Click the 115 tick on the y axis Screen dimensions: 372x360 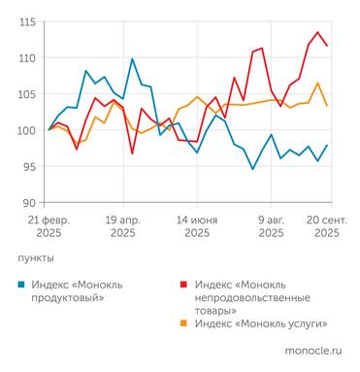pos(27,21)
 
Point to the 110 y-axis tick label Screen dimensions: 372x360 pos(27,57)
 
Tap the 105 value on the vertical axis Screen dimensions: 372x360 pos(27,94)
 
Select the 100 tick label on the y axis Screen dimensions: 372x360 pos(27,130)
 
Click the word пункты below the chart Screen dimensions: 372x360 pos(36,258)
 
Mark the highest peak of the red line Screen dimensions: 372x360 pos(317,32)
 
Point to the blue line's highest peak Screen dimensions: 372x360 pos(133,59)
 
